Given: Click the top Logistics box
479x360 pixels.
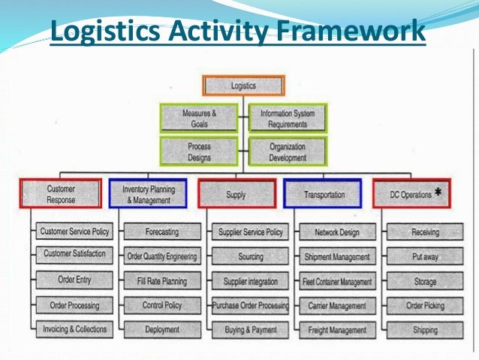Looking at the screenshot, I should [x=243, y=86].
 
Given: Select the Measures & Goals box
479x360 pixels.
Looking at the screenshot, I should [x=200, y=118].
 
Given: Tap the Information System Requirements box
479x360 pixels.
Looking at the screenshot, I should [x=288, y=118].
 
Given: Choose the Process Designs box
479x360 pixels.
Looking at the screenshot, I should [x=200, y=151].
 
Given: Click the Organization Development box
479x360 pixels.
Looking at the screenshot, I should [x=288, y=151].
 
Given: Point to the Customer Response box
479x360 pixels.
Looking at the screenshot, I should [x=61, y=193].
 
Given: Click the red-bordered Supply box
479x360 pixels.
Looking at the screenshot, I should [x=236, y=194].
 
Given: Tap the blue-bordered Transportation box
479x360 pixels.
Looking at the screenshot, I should [x=324, y=194].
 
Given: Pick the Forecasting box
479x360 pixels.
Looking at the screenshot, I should [x=162, y=232].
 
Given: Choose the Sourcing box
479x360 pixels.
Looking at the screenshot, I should [x=250, y=256].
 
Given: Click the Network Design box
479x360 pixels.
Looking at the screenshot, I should [x=336, y=232].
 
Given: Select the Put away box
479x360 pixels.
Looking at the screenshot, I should [x=426, y=256].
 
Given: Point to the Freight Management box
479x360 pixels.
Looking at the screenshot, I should [x=336, y=329].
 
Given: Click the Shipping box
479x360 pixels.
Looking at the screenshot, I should [x=426, y=329].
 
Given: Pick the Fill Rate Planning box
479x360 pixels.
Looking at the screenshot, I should [x=162, y=281].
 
